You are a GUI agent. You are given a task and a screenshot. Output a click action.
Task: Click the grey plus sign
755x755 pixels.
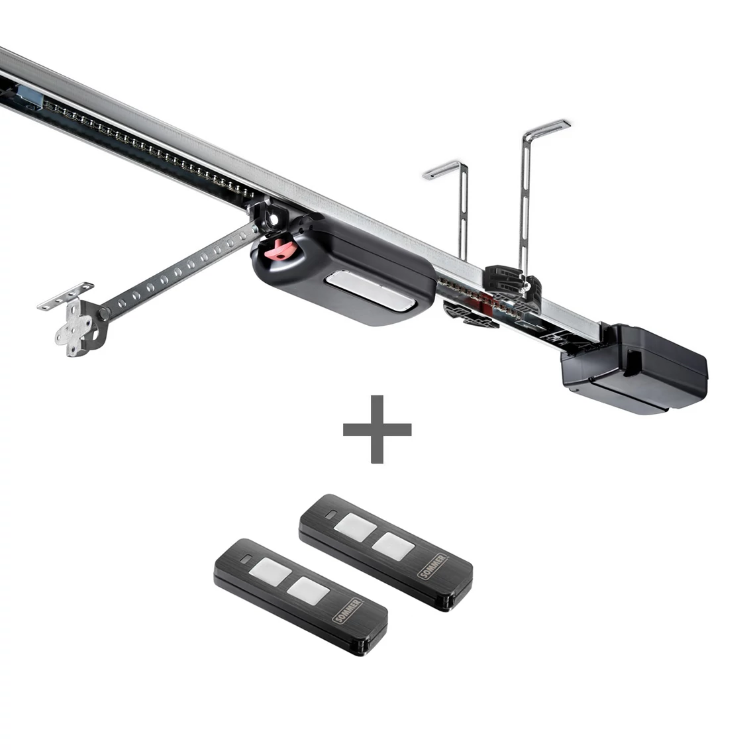coord(377,429)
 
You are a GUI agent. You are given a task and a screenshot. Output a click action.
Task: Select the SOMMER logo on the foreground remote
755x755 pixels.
coord(348,611)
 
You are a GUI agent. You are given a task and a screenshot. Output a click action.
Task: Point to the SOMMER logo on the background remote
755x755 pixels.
coord(433,567)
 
